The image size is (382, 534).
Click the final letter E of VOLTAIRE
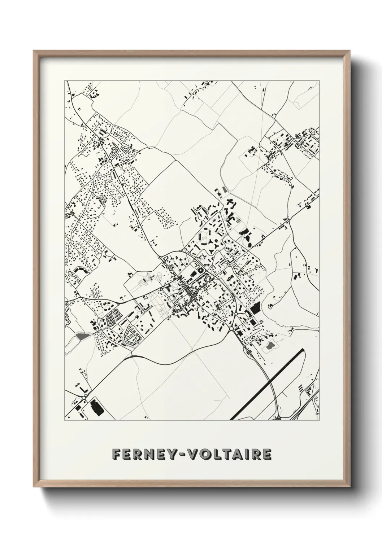266,454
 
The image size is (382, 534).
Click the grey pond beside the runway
270,347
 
